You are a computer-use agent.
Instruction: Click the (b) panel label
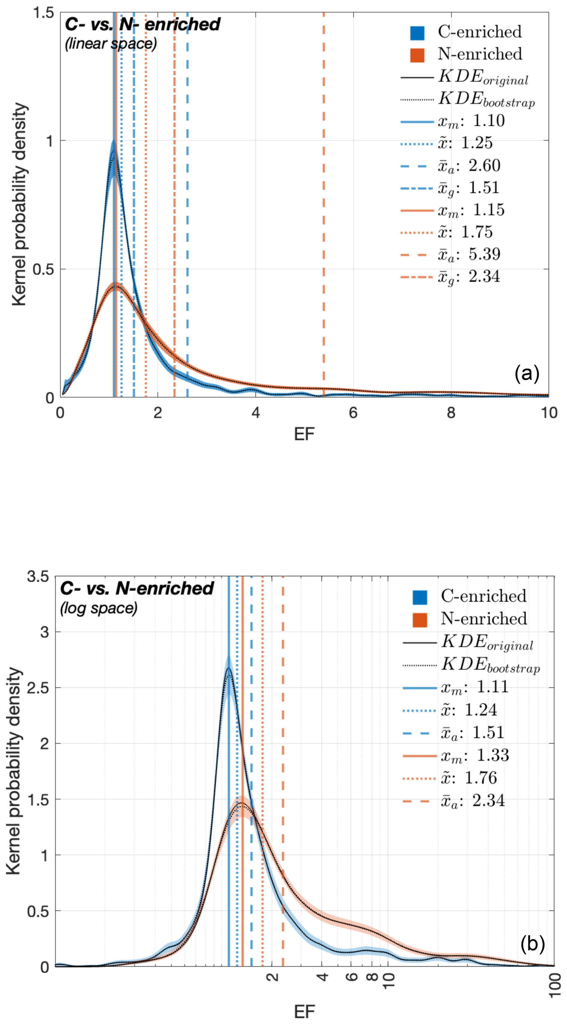(x=532, y=944)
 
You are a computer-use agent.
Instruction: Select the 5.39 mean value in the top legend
(x=484, y=254)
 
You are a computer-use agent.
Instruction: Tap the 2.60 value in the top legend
(x=484, y=165)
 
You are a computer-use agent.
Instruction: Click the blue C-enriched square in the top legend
(x=417, y=33)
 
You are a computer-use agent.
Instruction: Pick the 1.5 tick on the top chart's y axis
(x=43, y=13)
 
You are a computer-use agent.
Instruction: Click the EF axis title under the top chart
(x=304, y=434)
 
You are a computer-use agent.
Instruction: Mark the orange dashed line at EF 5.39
(x=324, y=199)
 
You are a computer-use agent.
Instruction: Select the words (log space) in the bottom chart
(x=99, y=608)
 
